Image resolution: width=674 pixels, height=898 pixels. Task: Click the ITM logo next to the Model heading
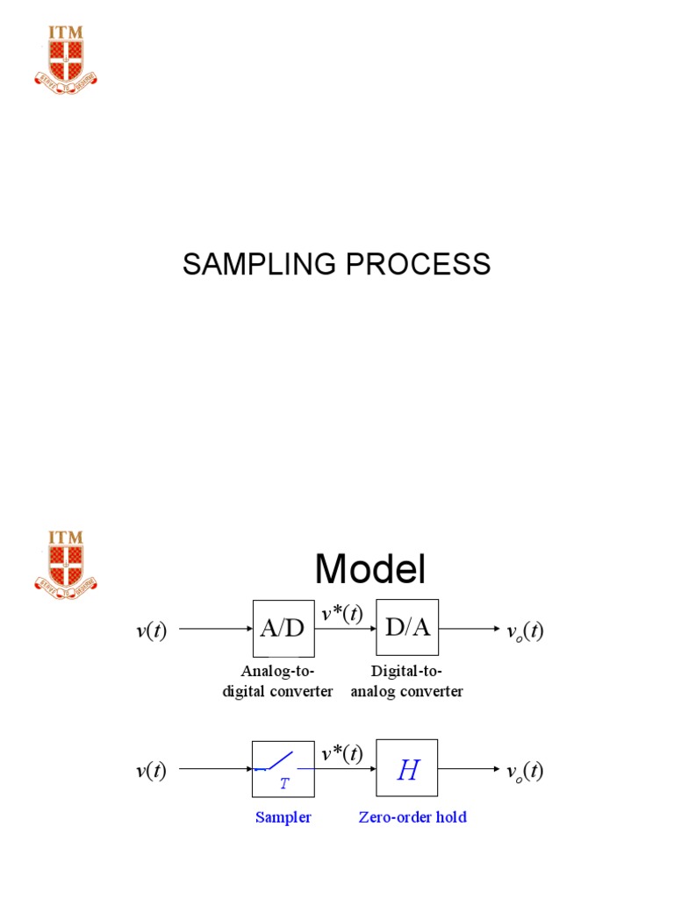click(66, 559)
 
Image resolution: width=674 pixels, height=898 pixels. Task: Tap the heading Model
click(370, 570)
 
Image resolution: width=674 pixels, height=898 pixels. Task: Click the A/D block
click(283, 628)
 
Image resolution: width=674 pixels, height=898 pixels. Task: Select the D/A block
click(407, 628)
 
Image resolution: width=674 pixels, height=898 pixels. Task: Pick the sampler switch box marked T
click(283, 769)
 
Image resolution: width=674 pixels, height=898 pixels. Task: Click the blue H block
click(407, 769)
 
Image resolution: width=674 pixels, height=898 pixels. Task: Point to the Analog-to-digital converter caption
click(277, 681)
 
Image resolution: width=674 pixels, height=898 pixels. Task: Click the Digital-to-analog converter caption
click(406, 681)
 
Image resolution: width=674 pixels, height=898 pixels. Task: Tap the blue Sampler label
click(283, 817)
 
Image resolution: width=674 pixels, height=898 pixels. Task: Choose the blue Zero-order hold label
click(412, 817)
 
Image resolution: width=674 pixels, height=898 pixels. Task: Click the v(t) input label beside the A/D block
click(151, 631)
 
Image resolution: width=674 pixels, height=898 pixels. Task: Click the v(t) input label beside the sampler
click(151, 772)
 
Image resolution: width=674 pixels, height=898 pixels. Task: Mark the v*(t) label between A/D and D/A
click(342, 614)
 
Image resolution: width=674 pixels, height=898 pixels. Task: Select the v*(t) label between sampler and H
click(342, 754)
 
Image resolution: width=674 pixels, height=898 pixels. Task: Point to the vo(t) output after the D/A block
click(526, 631)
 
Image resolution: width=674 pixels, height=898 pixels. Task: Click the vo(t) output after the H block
click(526, 772)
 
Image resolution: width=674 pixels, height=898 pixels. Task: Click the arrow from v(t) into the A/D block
click(215, 629)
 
